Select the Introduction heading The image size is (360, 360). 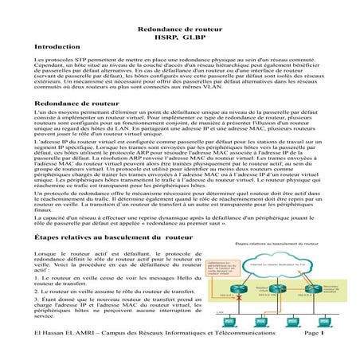(x=58, y=49)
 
